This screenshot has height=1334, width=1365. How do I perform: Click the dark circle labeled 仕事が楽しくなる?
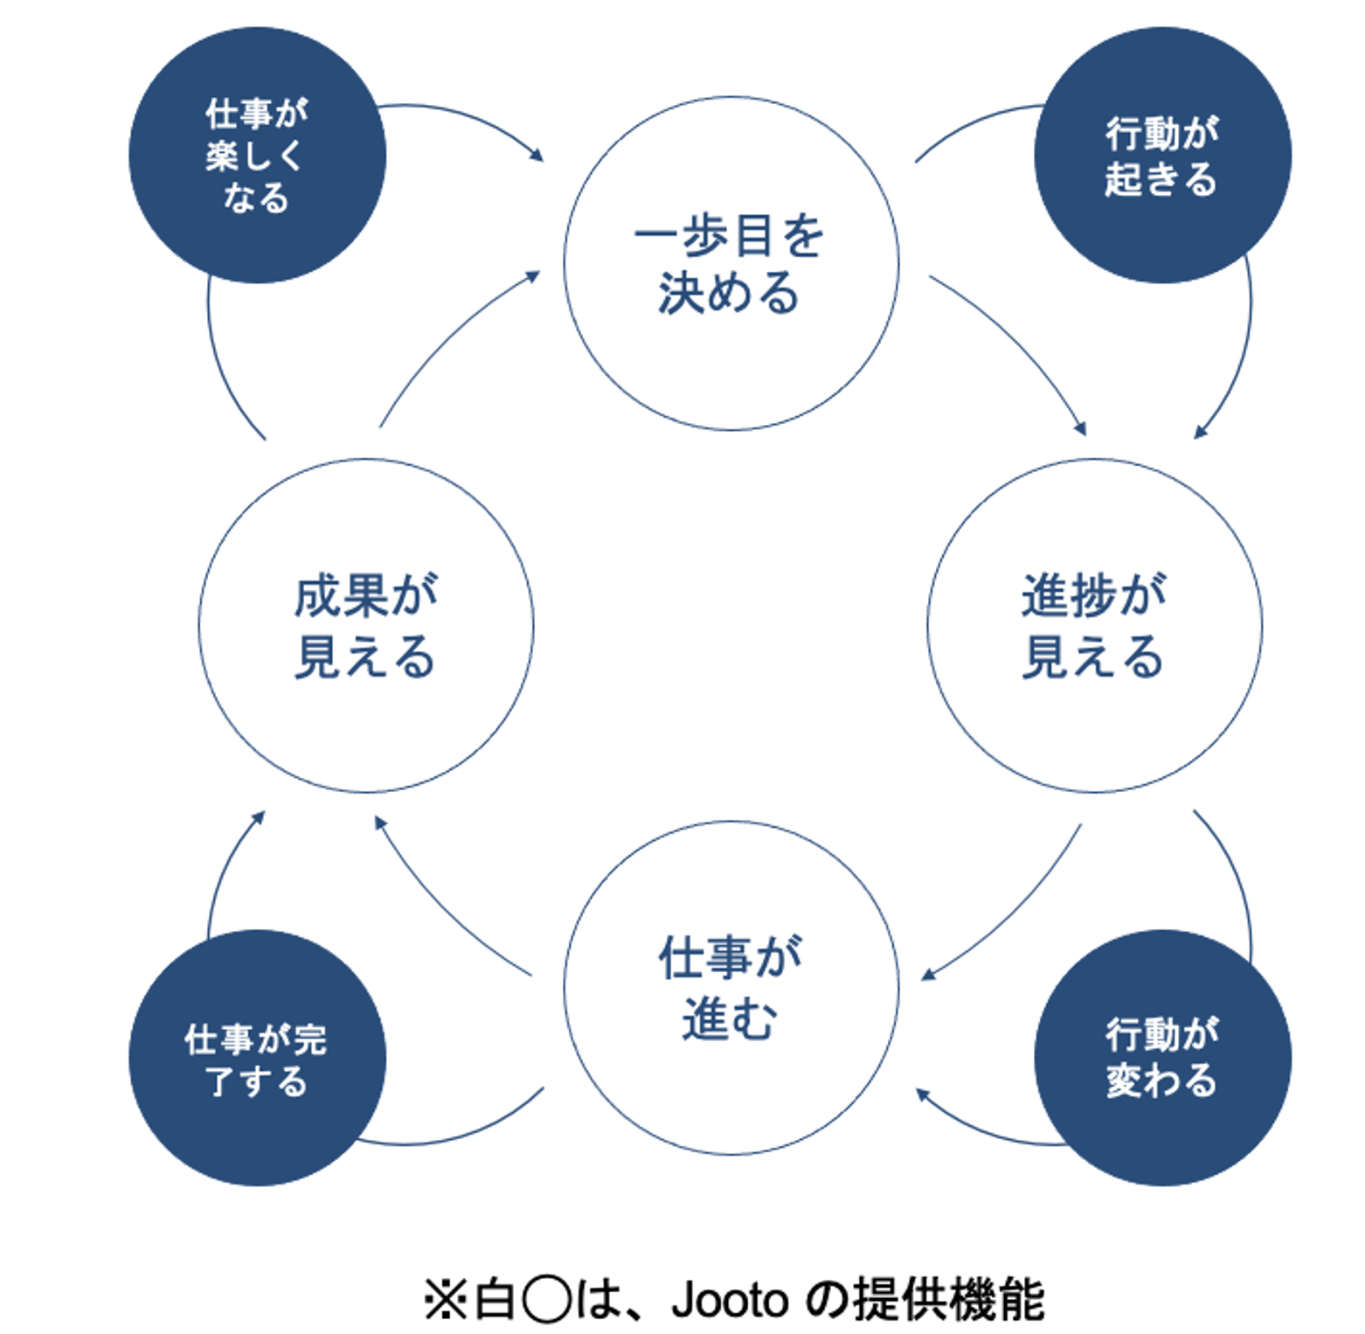pyautogui.click(x=257, y=156)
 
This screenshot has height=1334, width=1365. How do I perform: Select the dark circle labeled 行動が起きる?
pyautogui.click(x=1161, y=156)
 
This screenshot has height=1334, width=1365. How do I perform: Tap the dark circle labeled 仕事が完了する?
pyautogui.click(x=257, y=1059)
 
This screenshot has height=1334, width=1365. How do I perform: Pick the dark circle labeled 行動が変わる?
pyautogui.click(x=1161, y=1059)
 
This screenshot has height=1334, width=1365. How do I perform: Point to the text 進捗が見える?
pyautogui.click(x=1093, y=626)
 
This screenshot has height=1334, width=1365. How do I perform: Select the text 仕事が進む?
pyautogui.click(x=730, y=988)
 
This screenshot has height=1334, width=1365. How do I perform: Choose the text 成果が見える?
pyautogui.click(x=365, y=626)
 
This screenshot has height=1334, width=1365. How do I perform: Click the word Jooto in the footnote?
pyautogui.click(x=730, y=1300)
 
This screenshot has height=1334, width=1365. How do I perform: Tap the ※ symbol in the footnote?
pyautogui.click(x=445, y=1300)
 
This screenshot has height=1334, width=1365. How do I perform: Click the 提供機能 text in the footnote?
pyautogui.click(x=948, y=1300)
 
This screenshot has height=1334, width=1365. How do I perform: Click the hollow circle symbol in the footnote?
pyautogui.click(x=546, y=1300)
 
